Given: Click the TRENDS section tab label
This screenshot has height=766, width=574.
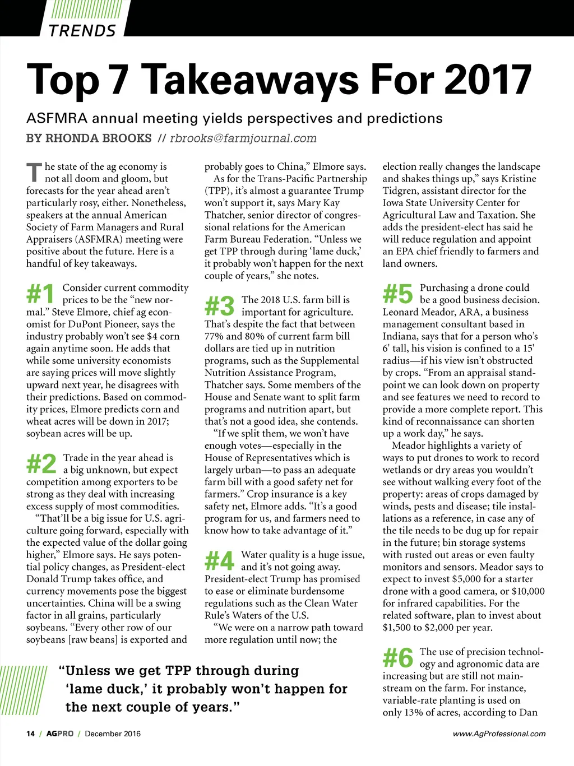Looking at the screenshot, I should pyautogui.click(x=82, y=30).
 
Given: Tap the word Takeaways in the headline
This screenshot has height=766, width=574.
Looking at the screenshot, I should pyautogui.click(x=252, y=80).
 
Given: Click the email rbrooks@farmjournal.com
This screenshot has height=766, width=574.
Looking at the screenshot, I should pyautogui.click(x=243, y=138).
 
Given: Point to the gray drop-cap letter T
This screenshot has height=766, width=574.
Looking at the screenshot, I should pyautogui.click(x=34, y=173).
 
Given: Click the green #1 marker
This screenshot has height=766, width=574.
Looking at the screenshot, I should pyautogui.click(x=40, y=294).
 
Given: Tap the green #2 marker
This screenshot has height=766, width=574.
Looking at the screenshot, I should pyautogui.click(x=41, y=464).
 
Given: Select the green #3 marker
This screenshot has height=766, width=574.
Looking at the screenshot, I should pyautogui.click(x=219, y=306).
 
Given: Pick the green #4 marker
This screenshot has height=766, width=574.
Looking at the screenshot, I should pyautogui.click(x=219, y=560).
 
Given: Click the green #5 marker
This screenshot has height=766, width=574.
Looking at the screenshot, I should pyautogui.click(x=397, y=294).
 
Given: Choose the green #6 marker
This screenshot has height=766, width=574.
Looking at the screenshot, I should pyautogui.click(x=397, y=658).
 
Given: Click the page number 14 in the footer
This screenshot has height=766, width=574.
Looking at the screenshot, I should pyautogui.click(x=30, y=733).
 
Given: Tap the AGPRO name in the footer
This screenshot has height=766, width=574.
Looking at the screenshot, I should pyautogui.click(x=60, y=733).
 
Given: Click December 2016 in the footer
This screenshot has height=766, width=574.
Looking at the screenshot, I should pyautogui.click(x=113, y=733).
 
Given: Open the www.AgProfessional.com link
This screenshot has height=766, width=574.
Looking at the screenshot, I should pyautogui.click(x=499, y=733).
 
